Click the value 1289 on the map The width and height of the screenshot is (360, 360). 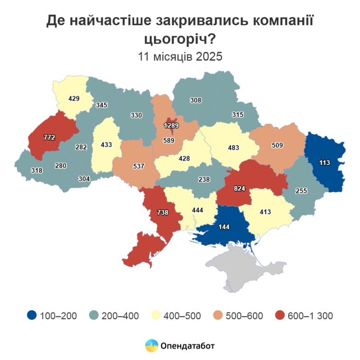click(x=172, y=125)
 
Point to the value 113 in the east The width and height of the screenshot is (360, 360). click(x=324, y=164)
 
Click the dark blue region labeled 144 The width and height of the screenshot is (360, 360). click(x=225, y=226)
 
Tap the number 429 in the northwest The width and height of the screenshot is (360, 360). click(x=74, y=98)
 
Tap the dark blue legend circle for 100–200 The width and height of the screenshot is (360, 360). click(x=32, y=315)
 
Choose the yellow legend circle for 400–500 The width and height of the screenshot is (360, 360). click(x=154, y=315)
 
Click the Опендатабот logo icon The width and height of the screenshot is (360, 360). click(x=151, y=345)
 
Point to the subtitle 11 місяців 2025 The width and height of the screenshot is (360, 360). click(x=180, y=57)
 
